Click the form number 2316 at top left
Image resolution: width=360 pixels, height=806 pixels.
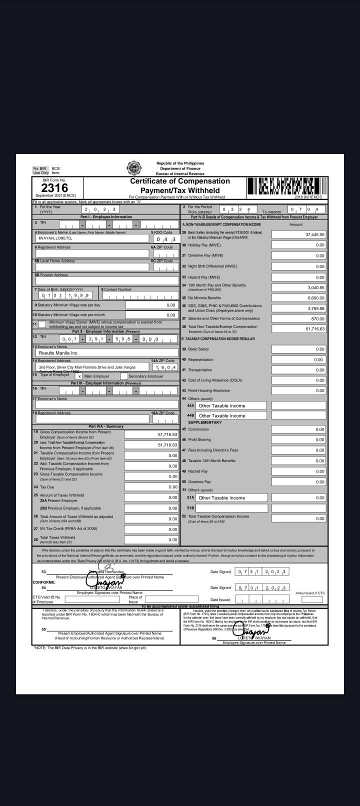55,188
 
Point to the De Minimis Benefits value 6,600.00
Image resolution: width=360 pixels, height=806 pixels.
298,298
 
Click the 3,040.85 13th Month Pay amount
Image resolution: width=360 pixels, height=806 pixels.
298,287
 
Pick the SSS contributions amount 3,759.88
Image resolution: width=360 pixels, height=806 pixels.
298,308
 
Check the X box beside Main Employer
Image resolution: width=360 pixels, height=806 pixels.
78,376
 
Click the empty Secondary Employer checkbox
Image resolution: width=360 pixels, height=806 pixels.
123,376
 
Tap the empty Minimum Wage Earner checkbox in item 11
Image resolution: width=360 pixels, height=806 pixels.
42,324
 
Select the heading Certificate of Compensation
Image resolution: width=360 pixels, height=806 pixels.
180,181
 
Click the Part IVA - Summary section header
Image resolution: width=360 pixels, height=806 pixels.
105,426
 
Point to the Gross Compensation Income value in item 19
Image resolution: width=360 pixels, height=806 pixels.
151,434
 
